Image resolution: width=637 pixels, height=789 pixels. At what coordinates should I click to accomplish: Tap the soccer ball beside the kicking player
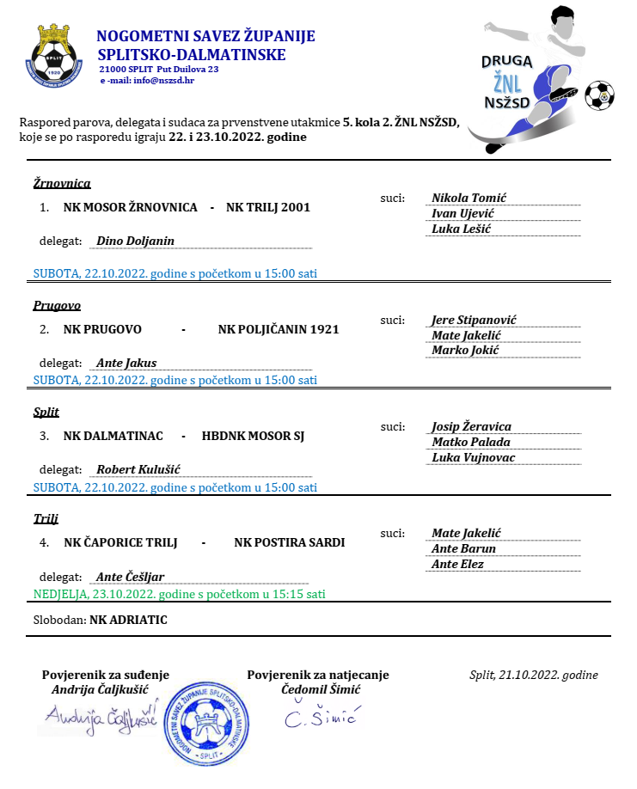coord(598,95)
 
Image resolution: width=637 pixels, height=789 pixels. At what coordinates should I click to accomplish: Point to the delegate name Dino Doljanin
coord(135,241)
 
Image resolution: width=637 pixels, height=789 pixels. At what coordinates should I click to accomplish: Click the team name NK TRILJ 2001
coord(267,207)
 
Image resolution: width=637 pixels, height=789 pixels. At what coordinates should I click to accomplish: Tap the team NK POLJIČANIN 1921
coord(279,329)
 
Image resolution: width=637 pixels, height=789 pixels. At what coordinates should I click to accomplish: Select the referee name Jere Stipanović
coord(474,320)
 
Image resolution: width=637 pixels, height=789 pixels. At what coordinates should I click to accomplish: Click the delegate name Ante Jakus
coord(126,363)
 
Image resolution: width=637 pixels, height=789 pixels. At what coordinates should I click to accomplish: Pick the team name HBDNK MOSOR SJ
coord(253,436)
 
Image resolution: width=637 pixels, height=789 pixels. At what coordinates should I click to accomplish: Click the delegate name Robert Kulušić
coord(138,469)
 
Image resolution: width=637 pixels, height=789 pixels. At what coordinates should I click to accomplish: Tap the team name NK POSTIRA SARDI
coord(289,542)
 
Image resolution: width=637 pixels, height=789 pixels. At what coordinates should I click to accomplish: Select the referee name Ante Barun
coord(463,548)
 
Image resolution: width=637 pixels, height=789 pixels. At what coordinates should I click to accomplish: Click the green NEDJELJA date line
coord(179,594)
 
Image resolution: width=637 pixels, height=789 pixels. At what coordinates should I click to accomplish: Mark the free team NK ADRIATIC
coord(128,619)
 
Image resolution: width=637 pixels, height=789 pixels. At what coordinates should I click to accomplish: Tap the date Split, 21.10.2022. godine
coord(533,675)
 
